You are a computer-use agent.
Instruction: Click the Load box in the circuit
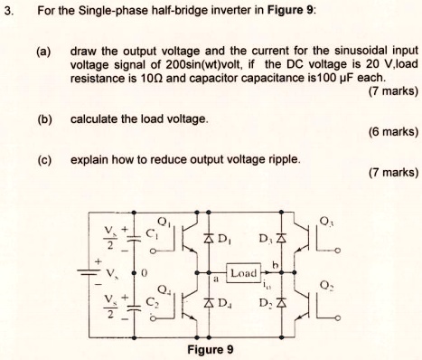point(245,272)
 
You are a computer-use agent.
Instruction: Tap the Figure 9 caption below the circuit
point(210,350)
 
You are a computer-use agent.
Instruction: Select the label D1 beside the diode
point(219,240)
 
